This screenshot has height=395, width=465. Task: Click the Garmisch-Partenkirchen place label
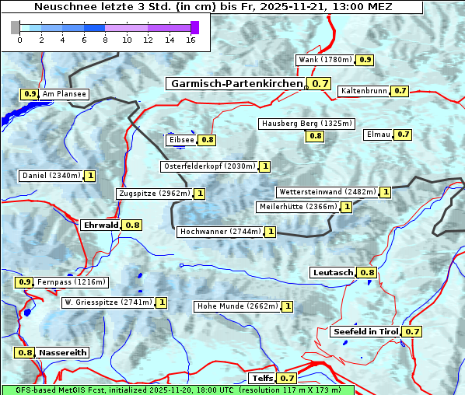click(236, 83)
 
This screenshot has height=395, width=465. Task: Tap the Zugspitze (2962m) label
click(152, 194)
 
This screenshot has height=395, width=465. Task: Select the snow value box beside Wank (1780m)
click(365, 60)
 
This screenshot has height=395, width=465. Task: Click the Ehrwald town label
click(100, 225)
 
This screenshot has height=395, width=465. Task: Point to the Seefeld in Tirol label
click(365, 332)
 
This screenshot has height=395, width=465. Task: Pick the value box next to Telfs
click(287, 379)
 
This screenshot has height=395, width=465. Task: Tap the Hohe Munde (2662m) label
click(237, 306)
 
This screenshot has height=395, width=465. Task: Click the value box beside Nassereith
click(25, 352)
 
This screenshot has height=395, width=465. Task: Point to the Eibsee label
click(181, 140)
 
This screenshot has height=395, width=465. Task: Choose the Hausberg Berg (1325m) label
click(306, 124)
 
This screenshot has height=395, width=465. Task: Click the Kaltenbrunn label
click(363, 91)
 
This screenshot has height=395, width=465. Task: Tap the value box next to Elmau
click(403, 135)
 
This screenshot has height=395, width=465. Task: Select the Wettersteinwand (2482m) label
click(327, 192)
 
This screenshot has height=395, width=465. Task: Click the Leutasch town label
click(333, 273)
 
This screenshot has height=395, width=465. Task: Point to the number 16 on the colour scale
click(190, 40)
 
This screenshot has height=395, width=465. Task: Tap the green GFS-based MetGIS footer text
click(178, 390)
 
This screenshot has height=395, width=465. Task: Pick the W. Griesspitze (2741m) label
click(107, 302)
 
